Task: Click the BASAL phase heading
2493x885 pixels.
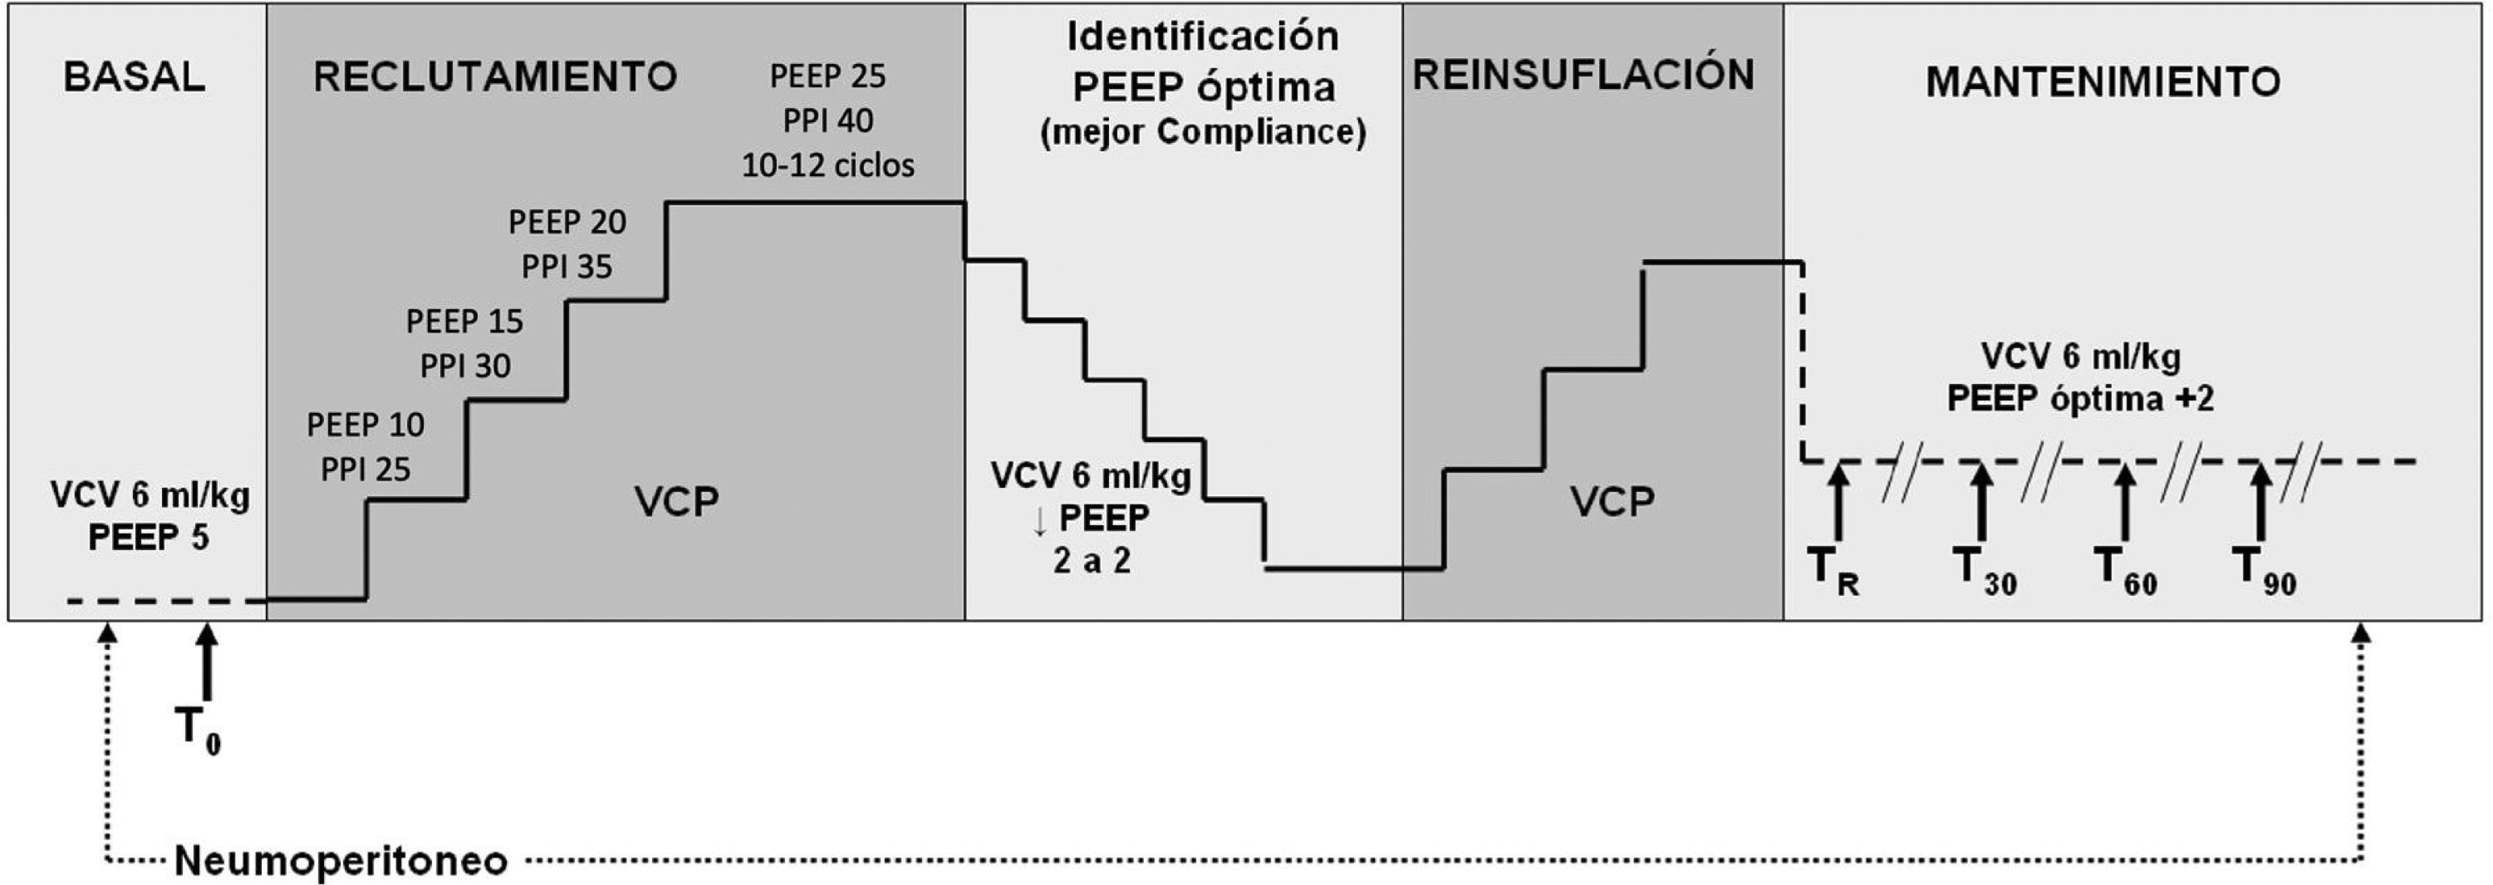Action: click(134, 77)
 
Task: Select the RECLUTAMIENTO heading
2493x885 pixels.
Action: click(495, 77)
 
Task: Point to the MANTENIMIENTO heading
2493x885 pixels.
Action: click(2102, 81)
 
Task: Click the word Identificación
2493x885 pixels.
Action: click(1203, 36)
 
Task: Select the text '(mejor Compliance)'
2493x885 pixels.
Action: click(1203, 131)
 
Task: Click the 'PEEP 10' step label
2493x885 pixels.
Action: click(365, 424)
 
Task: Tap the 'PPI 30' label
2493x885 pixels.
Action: click(465, 366)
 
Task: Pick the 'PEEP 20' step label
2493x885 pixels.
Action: click(567, 222)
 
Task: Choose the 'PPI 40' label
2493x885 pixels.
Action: click(827, 121)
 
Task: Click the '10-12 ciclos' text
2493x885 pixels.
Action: click(827, 166)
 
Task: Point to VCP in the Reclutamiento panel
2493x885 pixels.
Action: click(676, 501)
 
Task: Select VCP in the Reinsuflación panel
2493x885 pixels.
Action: click(1612, 501)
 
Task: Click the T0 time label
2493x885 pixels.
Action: click(198, 728)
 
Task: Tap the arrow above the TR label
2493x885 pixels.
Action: click(1838, 501)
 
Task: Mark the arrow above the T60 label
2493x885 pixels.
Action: click(2125, 501)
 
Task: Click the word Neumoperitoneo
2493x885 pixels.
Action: click(341, 859)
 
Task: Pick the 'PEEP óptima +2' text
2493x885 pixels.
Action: click(2080, 398)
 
